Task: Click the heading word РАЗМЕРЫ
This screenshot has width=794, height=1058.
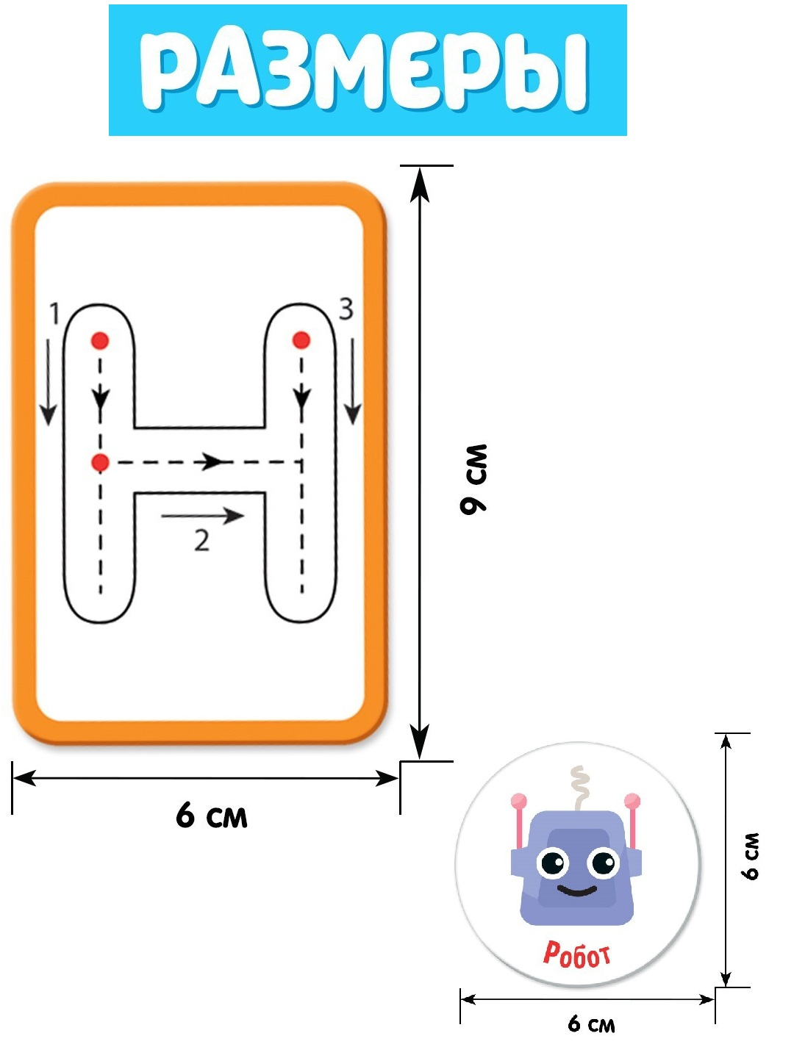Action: [x=365, y=71]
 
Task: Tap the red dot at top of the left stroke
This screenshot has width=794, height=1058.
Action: [x=100, y=340]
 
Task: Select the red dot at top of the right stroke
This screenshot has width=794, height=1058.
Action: [x=301, y=340]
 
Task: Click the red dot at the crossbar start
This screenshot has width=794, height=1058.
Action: [x=100, y=462]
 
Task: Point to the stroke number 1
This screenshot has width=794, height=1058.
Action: [x=54, y=314]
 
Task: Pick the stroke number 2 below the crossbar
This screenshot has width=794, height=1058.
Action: [x=201, y=541]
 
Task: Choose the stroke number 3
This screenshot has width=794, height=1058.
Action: [x=346, y=309]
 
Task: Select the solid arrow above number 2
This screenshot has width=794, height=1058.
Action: [x=202, y=516]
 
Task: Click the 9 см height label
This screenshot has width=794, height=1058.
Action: [x=474, y=479]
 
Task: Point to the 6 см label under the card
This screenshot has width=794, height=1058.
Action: [x=212, y=816]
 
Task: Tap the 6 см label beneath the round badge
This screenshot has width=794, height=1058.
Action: [x=591, y=1023]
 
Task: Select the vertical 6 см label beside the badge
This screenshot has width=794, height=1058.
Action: [x=750, y=857]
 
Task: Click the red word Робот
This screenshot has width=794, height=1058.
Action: [x=576, y=954]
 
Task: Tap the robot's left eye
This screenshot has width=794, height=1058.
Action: [x=552, y=862]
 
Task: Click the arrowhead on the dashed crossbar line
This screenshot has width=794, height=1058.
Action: [x=212, y=462]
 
